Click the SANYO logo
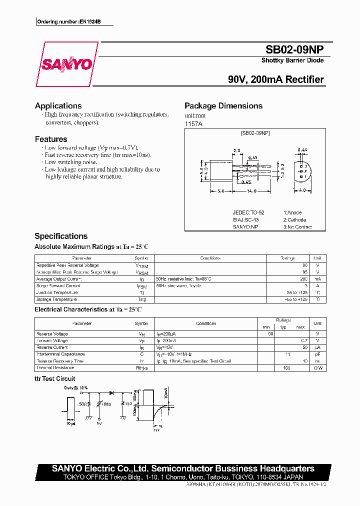click(66, 64)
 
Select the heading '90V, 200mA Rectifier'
click(275, 79)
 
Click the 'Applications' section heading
click(58, 106)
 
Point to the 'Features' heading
click(51, 139)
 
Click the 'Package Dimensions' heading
click(223, 106)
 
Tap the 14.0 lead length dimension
click(251, 191)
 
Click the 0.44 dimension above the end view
click(302, 149)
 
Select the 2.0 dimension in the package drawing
click(237, 150)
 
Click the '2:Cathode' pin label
click(294, 220)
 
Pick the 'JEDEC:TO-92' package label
click(248, 212)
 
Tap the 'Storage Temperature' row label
click(56, 299)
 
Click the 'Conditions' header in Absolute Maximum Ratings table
click(210, 258)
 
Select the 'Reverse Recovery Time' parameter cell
click(60, 361)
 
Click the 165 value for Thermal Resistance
click(287, 368)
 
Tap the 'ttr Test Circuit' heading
click(55, 379)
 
